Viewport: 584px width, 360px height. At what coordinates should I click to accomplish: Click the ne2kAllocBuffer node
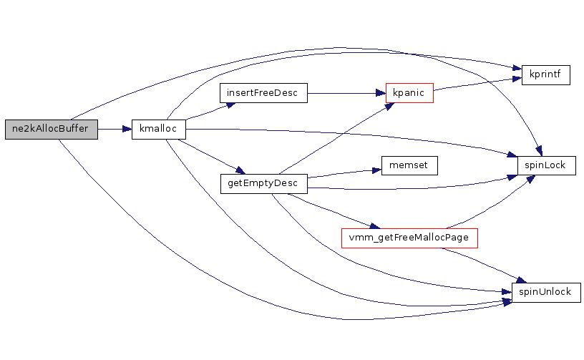[50, 129]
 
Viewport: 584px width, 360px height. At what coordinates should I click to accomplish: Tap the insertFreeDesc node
[263, 93]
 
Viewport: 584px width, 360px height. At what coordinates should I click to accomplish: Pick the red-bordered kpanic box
[409, 93]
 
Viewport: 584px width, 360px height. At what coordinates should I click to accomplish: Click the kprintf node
[545, 74]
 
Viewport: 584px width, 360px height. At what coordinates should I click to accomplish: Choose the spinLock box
[546, 165]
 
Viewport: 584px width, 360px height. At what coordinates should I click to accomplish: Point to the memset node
[409, 165]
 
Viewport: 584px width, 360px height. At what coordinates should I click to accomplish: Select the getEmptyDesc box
[263, 183]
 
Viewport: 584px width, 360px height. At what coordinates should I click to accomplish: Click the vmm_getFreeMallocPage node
[409, 238]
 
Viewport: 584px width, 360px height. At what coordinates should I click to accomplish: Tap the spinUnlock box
[545, 292]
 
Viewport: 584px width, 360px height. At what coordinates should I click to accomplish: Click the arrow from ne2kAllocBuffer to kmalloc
[115, 129]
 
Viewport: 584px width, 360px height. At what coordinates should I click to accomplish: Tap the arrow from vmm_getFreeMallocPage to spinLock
[487, 204]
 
